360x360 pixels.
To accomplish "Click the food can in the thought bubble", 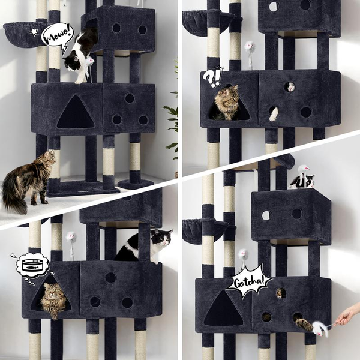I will click(32, 264).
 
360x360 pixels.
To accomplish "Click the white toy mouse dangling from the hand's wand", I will click(320, 328).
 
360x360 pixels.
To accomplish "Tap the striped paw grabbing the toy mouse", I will click(304, 324).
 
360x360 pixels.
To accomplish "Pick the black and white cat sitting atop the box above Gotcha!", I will click(302, 179).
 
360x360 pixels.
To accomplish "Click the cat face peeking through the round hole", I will click(290, 87).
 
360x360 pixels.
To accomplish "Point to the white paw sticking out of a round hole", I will click(274, 114).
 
